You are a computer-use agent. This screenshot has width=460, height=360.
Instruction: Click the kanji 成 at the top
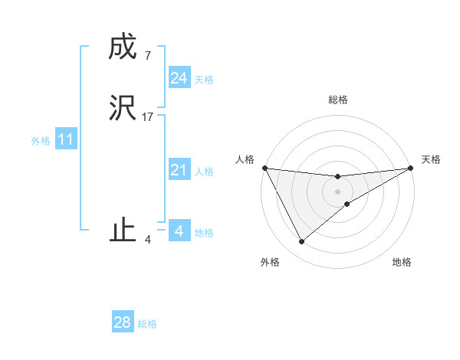tap(123, 47)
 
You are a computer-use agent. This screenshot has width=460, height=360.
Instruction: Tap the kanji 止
tap(123, 230)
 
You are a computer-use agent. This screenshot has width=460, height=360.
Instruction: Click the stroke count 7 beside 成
tap(147, 56)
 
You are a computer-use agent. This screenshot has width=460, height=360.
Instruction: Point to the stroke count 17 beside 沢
tap(148, 117)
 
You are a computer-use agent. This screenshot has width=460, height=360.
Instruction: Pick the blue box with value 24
tap(179, 78)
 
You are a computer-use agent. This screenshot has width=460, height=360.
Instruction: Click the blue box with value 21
tap(179, 170)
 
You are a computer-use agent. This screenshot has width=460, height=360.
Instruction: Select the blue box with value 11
tap(66, 140)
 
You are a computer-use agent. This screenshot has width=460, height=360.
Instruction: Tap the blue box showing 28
tap(123, 322)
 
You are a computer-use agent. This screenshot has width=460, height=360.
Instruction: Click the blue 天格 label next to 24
tap(204, 80)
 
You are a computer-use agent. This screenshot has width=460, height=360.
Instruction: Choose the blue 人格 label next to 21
tap(204, 172)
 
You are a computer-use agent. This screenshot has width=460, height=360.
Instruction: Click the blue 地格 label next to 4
tap(204, 233)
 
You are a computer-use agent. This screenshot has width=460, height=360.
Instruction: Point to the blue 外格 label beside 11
tap(41, 141)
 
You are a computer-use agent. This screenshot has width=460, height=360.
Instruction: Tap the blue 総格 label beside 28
tap(147, 324)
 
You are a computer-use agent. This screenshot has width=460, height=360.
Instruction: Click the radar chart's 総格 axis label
tap(337, 100)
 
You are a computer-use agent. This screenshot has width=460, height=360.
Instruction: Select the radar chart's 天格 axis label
tap(432, 159)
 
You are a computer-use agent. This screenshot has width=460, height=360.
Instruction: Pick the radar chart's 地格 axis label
tap(402, 262)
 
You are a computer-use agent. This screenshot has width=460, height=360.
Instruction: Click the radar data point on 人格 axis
tap(264, 168)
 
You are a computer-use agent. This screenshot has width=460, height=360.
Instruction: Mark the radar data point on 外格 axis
tap(301, 242)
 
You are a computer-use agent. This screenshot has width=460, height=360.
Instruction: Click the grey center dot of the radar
tap(337, 191)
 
